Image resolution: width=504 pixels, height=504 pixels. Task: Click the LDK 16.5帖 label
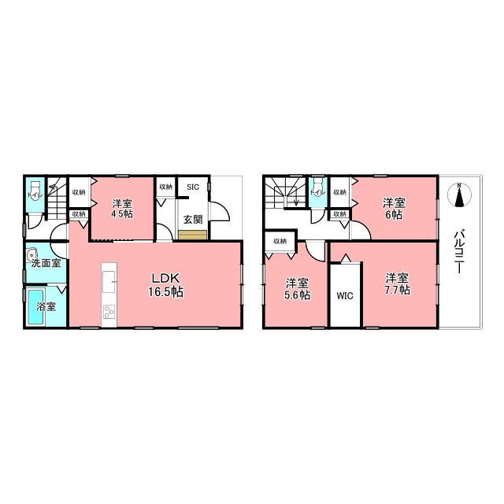click(x=166, y=285)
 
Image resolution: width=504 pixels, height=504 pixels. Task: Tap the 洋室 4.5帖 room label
click(x=122, y=209)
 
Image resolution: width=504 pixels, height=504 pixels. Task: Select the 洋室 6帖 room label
click(x=394, y=209)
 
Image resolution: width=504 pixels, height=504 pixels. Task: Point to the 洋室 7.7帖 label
click(x=397, y=283)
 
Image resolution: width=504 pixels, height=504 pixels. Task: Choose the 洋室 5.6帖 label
click(x=298, y=289)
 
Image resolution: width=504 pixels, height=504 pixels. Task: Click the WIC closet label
click(x=345, y=296)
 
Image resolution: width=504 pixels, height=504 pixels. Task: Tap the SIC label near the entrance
click(x=193, y=187)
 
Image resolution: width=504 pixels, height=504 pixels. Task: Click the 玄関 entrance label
click(x=193, y=220)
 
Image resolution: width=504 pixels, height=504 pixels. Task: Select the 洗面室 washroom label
click(x=46, y=264)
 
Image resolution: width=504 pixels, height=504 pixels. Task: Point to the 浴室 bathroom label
click(x=46, y=306)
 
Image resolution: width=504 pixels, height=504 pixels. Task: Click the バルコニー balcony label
click(x=459, y=251)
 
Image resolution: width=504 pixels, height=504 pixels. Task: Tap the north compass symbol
click(x=459, y=195)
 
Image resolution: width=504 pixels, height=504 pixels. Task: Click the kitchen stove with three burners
click(x=109, y=312)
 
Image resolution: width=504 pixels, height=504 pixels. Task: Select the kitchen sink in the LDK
click(x=109, y=282)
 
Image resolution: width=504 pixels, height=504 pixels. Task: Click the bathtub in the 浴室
click(x=35, y=307)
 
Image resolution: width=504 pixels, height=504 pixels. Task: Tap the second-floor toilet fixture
click(x=317, y=187)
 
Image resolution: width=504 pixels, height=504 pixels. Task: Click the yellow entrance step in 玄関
click(x=192, y=235)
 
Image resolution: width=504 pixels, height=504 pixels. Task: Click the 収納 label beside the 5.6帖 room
click(x=280, y=241)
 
